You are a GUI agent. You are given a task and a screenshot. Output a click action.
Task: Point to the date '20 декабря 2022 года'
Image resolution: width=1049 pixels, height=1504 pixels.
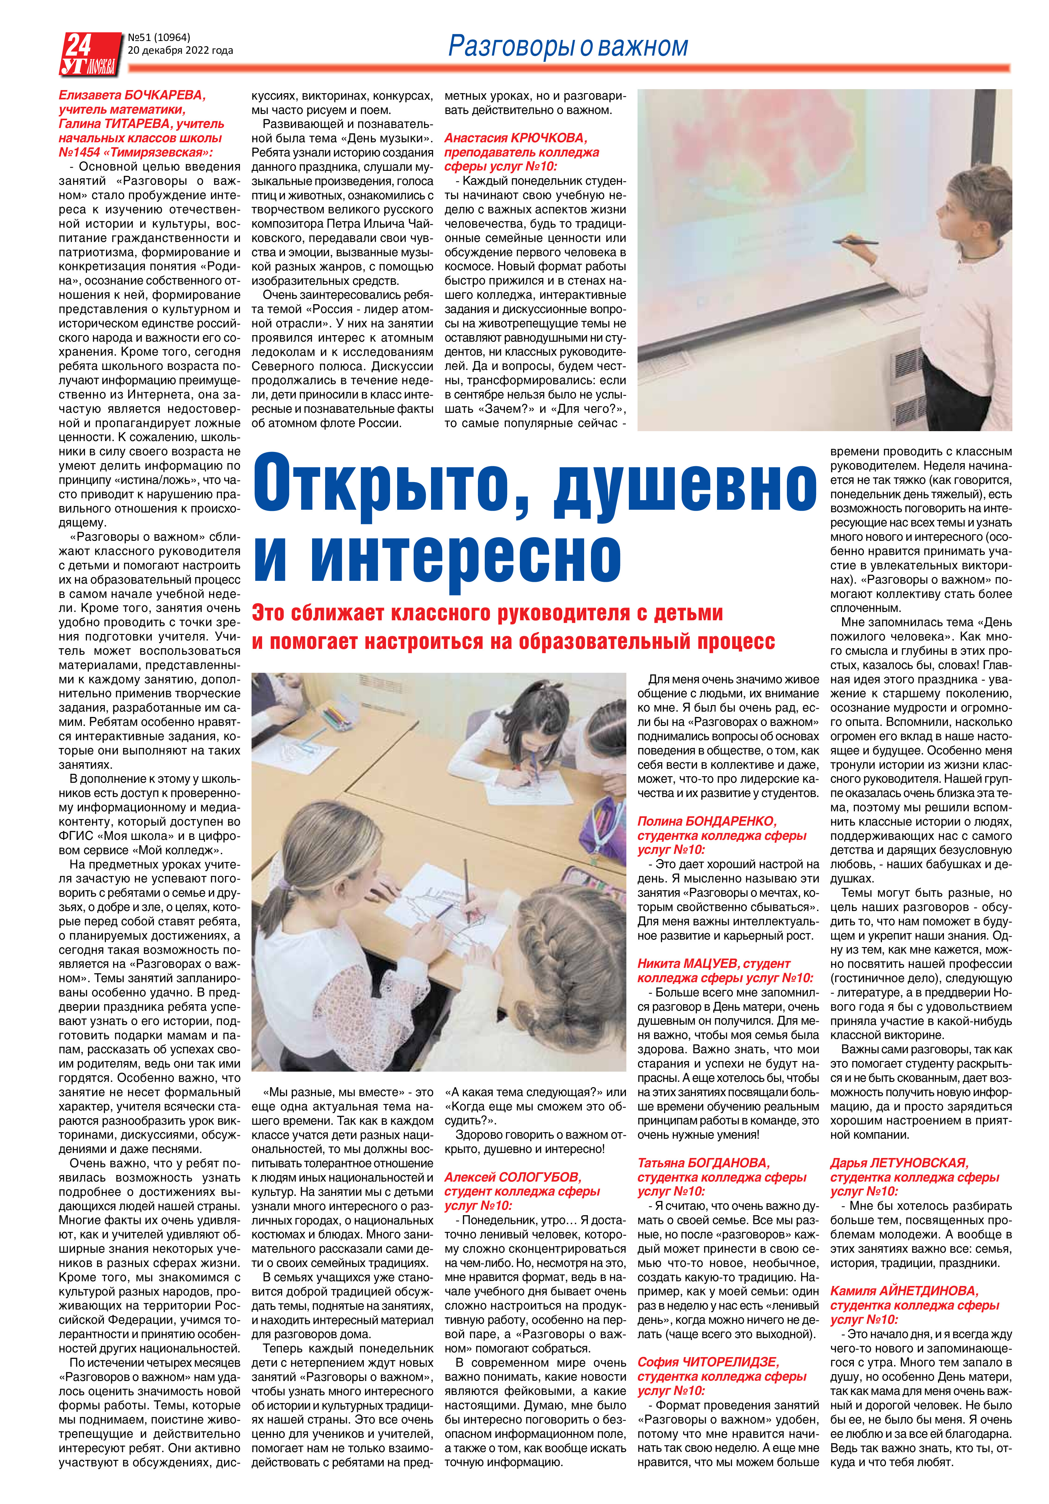click(180, 50)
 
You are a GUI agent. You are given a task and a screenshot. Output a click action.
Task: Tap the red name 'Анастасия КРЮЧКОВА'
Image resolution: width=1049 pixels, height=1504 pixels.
click(516, 138)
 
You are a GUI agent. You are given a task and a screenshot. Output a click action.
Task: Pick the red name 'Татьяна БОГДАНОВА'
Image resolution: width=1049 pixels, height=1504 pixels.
click(704, 1163)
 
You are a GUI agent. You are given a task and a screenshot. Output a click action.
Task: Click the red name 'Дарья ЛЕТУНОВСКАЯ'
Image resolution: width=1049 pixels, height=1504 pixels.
click(899, 1163)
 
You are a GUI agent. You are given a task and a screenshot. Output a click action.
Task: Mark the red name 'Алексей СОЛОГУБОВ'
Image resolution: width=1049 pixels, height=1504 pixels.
click(513, 1177)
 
